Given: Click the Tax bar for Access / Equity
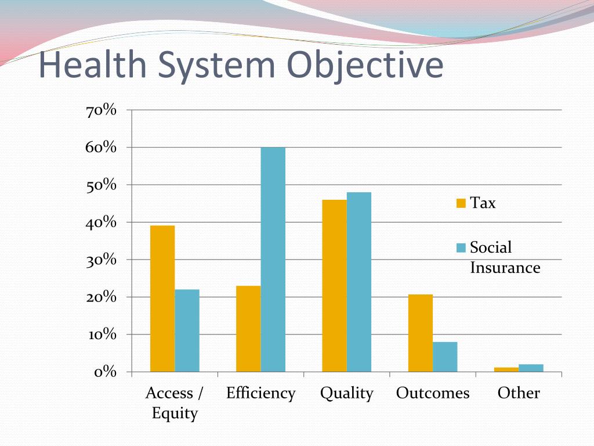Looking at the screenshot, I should point(162,298).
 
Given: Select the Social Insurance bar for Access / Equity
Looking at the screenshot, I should point(187,330).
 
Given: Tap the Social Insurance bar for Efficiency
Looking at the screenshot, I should point(273,260).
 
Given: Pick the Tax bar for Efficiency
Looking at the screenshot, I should point(248,329).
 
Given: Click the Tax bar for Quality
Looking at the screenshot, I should point(335,286).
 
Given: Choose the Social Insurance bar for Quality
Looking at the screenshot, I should point(359,282).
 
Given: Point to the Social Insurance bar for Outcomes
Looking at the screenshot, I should point(445,357).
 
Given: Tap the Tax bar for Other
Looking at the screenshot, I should point(506,369).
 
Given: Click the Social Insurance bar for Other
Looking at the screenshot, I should point(531,368).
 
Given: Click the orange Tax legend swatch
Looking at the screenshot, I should point(461,203).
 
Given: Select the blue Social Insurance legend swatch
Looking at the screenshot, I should point(461,248).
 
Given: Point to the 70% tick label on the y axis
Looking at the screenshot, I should point(102,110).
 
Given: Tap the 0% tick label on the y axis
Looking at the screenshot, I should point(105,372).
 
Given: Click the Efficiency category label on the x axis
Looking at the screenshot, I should point(260,393).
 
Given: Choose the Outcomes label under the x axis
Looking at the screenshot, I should point(433,393).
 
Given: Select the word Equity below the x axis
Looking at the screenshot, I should point(175,413).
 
